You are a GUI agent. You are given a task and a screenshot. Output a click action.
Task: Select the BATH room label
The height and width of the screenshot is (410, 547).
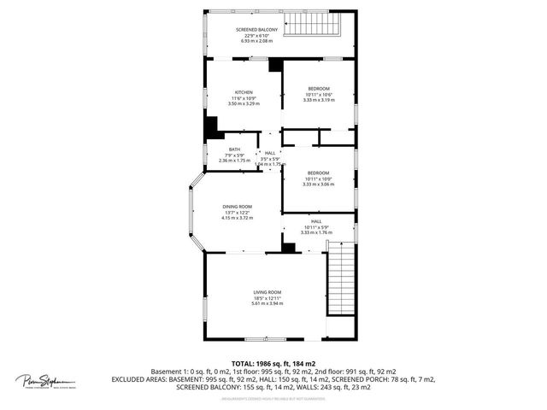click(x=233, y=149)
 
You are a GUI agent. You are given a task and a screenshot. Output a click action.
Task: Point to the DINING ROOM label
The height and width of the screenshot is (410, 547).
click(x=238, y=207)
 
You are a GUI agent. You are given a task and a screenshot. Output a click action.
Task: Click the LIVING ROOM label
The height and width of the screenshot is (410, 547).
click(x=267, y=292)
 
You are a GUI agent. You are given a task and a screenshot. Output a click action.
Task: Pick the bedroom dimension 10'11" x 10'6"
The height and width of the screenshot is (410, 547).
click(x=318, y=94)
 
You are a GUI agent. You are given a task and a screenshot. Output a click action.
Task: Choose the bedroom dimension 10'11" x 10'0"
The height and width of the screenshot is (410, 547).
click(x=318, y=179)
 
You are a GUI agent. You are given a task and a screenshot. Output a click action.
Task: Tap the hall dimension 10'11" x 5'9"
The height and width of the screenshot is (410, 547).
click(x=315, y=226)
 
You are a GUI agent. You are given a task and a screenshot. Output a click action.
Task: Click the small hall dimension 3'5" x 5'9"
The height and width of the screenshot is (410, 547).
click(x=270, y=159)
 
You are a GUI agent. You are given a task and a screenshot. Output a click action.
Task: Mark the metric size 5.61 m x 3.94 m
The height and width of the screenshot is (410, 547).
click(x=267, y=303)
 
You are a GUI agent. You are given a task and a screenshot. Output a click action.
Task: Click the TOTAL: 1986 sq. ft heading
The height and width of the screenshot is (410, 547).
click(x=273, y=364)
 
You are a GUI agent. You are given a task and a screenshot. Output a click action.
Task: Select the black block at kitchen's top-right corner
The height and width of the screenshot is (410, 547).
click(x=275, y=65)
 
